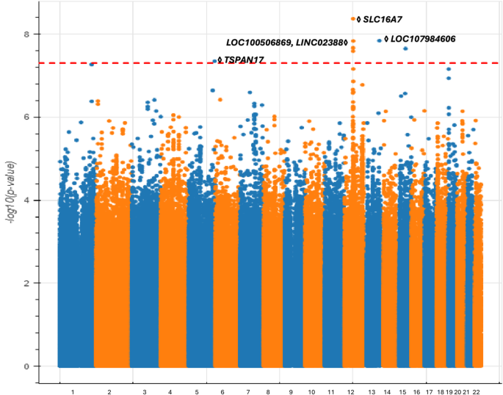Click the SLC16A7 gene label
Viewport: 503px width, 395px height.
click(383, 20)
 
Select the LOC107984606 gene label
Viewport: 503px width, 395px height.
click(423, 39)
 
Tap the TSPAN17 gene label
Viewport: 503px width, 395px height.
click(244, 60)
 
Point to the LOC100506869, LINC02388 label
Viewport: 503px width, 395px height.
click(284, 43)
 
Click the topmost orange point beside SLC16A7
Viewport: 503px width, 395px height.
click(353, 19)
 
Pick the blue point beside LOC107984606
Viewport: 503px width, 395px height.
click(380, 40)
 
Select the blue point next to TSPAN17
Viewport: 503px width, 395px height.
click(215, 61)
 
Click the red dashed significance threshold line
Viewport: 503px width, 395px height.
click(268, 63)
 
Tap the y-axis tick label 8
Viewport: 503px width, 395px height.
click(26, 34)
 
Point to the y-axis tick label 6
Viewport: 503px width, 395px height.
click(26, 117)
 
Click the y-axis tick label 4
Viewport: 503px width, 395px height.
click(26, 200)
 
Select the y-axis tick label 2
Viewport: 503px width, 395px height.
click(26, 283)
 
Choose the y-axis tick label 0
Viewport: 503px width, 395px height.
click(26, 366)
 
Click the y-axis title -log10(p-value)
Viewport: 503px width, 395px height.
click(10, 192)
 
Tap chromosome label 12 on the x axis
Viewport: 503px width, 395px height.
click(350, 392)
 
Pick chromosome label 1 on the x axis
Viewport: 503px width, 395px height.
click(73, 392)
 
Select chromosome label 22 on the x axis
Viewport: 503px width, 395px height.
click(476, 392)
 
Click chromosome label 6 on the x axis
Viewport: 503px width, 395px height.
click(222, 392)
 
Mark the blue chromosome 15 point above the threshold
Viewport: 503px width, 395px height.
click(405, 48)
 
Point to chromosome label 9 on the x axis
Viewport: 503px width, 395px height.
click(291, 392)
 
